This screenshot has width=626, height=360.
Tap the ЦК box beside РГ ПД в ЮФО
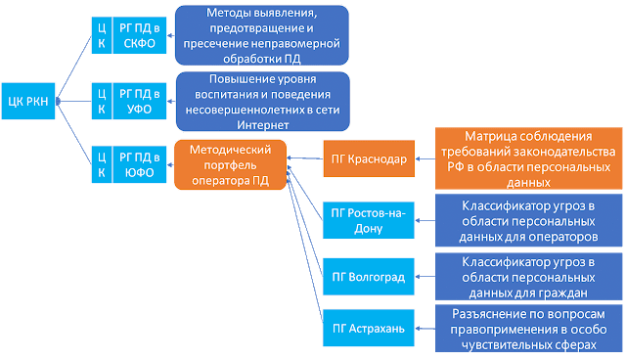pos(101,162)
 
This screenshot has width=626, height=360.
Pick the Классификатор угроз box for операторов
pos(527,220)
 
